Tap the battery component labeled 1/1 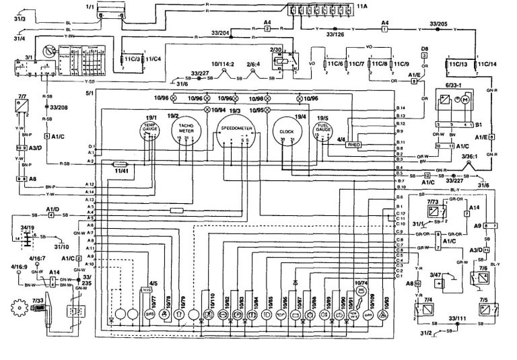[108, 11]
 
